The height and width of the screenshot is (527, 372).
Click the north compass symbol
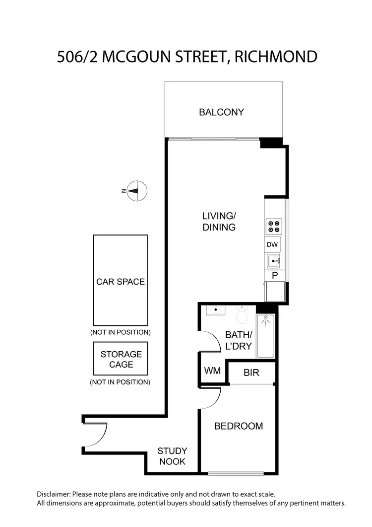(x=136, y=190)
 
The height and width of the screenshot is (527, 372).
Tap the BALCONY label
(x=222, y=112)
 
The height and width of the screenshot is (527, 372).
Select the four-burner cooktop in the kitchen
(x=274, y=226)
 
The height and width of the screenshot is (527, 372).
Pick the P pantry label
(x=274, y=276)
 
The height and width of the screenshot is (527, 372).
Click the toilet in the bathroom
(x=242, y=315)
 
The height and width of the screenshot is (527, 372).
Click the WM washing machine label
(x=212, y=371)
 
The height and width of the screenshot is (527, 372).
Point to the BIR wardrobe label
(x=251, y=373)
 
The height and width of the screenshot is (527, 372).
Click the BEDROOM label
(x=238, y=426)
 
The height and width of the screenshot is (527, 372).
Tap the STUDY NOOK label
(x=172, y=456)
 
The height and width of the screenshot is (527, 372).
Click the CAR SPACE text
(x=121, y=282)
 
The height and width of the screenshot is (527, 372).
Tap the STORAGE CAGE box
(x=121, y=359)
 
